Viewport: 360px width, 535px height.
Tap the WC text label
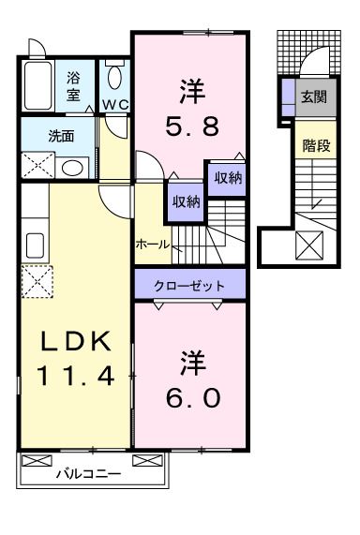click(115, 103)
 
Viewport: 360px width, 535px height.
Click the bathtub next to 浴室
click(39, 86)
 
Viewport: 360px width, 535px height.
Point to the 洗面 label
click(61, 135)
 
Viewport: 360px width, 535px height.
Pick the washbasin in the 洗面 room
click(72, 167)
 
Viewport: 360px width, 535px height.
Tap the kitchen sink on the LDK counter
click(34, 245)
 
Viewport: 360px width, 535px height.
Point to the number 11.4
click(75, 377)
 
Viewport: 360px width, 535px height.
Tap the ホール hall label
click(153, 244)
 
